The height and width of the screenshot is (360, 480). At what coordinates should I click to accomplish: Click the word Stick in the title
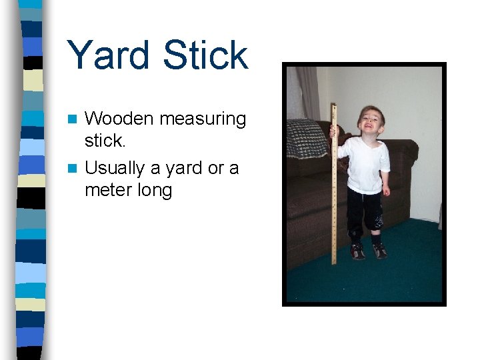click(x=207, y=55)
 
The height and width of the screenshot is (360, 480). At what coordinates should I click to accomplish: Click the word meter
click(x=109, y=191)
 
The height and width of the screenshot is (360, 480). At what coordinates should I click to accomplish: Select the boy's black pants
click(x=365, y=210)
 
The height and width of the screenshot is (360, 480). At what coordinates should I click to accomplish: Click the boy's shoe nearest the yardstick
click(x=357, y=251)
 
